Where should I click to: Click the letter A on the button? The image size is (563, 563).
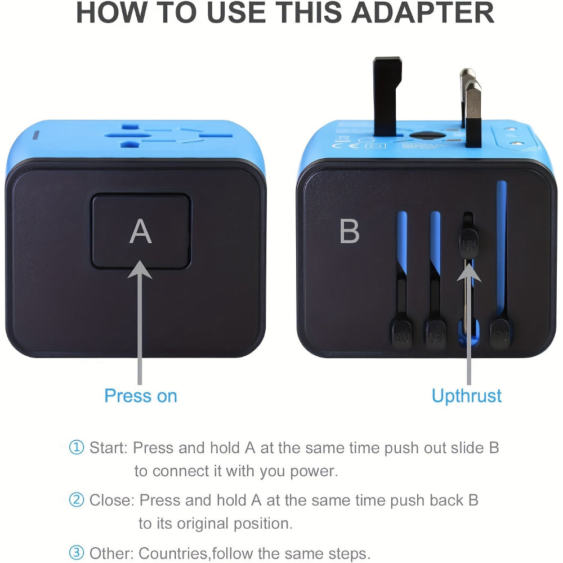coord(141,231)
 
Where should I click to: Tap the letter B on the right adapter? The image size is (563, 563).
coord(350,231)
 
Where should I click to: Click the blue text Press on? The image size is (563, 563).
coord(141,396)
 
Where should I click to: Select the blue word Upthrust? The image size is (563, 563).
coord(466,396)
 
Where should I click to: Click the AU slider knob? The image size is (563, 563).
coord(401,334)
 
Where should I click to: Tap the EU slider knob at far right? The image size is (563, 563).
coord(500,334)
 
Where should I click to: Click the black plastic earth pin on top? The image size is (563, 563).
coord(388,90)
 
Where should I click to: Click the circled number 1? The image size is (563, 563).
coord(76,448)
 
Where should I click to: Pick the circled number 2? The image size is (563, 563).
coord(76,500)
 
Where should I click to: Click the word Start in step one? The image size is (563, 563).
coord(109,448)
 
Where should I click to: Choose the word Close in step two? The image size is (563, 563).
coord(111,500)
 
